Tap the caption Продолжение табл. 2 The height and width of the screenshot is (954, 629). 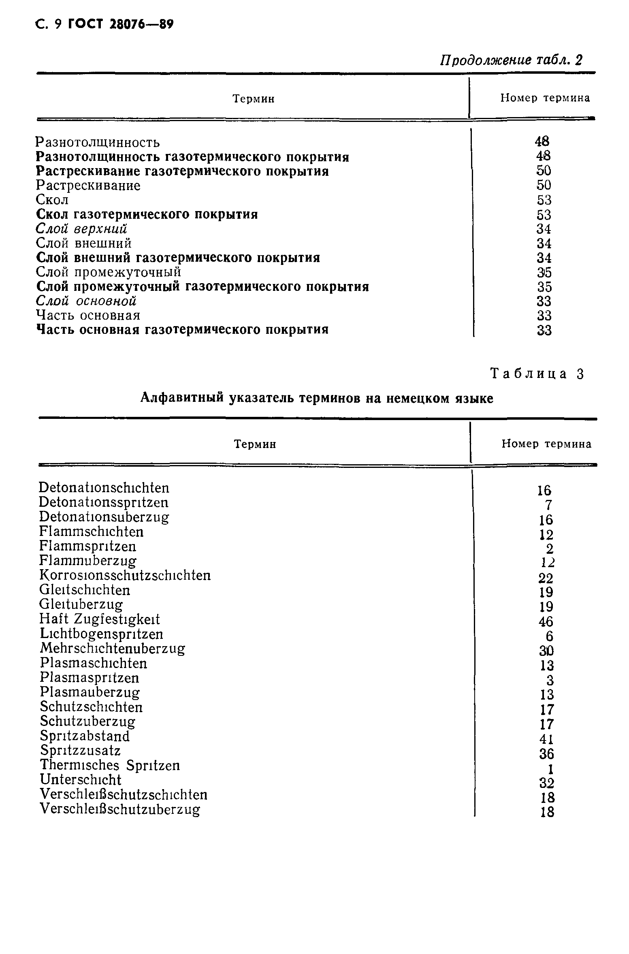click(511, 60)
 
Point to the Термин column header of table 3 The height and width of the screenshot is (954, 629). click(255, 444)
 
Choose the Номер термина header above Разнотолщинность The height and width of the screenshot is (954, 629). click(545, 98)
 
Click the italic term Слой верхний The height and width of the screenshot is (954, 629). click(81, 229)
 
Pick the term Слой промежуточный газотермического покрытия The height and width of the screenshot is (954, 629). click(203, 287)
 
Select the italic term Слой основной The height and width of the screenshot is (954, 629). click(86, 301)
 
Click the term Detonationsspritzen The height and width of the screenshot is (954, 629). click(104, 502)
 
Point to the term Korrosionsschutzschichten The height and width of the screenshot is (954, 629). click(125, 575)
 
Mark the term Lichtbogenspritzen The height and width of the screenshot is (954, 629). click(102, 634)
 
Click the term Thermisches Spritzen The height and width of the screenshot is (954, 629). click(110, 765)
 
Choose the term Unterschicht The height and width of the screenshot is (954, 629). click(81, 780)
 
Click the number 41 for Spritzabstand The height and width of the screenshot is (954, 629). click(546, 739)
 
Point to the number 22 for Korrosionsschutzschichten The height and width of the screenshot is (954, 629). click(546, 578)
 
